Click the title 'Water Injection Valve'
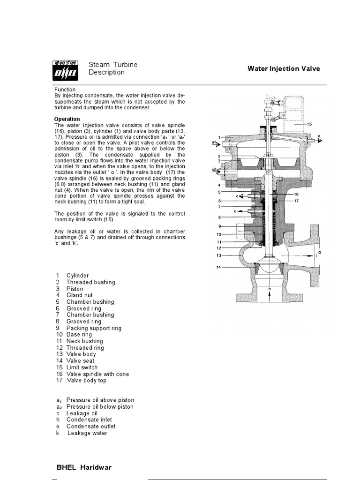[284, 68]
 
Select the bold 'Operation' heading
[67, 119]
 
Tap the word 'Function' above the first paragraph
[65, 90]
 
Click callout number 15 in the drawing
[309, 124]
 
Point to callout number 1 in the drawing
[218, 137]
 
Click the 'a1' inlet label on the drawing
[214, 142]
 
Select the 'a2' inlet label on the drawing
[214, 169]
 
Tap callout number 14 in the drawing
[218, 267]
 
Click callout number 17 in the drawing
[296, 201]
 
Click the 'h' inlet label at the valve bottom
[270, 290]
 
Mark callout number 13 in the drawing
[218, 255]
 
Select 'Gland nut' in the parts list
[79, 295]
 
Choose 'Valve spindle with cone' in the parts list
[97, 374]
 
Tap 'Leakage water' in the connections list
[87, 433]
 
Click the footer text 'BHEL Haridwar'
[84, 467]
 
